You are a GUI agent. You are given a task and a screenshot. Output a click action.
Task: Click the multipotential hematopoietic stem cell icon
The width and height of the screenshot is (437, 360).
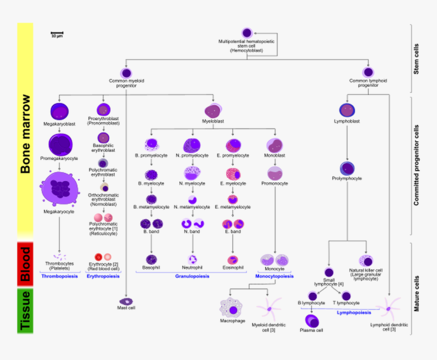coord(247,32)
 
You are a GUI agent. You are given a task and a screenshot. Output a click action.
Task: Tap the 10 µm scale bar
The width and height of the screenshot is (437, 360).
coord(56,34)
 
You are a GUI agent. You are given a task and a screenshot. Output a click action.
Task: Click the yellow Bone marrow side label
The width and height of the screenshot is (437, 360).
coord(25,132)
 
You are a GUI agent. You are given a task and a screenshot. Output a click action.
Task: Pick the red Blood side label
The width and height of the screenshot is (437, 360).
coord(25,262)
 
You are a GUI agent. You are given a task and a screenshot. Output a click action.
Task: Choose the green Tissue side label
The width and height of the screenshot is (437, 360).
coord(25,311)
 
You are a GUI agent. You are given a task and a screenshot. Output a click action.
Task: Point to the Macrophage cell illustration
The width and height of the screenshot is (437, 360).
coord(232,309)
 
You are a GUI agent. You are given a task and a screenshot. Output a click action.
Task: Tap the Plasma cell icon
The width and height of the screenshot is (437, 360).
coord(311,320)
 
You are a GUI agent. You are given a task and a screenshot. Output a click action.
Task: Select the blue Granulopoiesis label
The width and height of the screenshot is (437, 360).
coord(193,276)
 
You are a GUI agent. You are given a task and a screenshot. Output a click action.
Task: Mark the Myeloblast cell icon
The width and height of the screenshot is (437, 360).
coord(213,110)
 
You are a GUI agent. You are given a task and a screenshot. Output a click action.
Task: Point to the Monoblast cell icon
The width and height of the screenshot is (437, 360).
coord(275,145)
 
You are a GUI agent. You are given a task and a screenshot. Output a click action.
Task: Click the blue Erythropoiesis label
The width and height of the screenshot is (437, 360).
coord(103,276)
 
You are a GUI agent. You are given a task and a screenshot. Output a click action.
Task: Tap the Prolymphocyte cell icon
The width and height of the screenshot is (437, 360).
coord(347,168)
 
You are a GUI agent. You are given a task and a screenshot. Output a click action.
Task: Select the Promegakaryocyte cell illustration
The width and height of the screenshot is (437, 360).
coord(60,144)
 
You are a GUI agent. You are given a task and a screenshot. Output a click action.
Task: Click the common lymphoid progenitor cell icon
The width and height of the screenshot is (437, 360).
coord(368,72)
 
